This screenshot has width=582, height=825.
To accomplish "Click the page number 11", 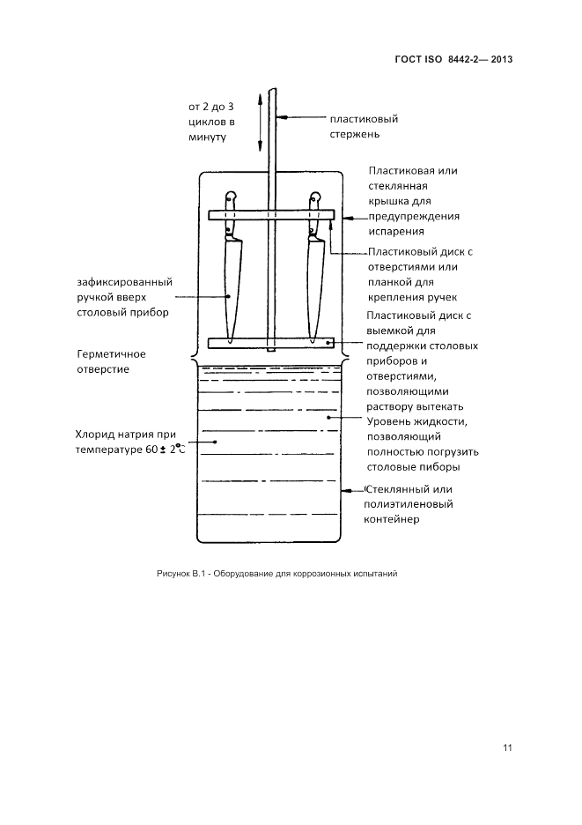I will (x=507, y=748).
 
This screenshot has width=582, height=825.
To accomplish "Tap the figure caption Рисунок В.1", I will (x=180, y=574).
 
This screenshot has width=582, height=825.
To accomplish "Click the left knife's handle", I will (x=231, y=214).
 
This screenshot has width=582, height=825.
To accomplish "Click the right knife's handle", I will (x=314, y=214).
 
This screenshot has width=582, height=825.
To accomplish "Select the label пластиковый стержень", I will (x=364, y=126).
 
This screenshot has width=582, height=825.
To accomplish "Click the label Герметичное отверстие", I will (x=112, y=361).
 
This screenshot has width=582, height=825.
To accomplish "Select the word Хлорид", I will (x=97, y=435).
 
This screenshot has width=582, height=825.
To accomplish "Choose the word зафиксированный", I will (x=124, y=281).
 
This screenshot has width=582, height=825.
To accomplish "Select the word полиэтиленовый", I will (x=408, y=504).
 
